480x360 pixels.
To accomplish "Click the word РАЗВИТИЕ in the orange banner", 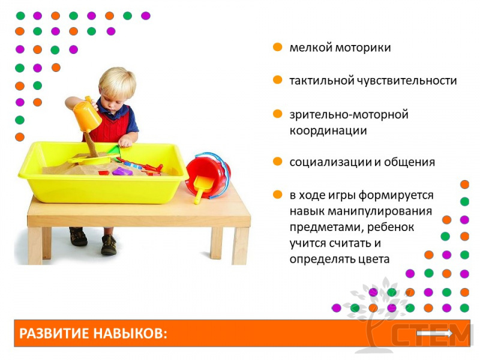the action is (53, 334).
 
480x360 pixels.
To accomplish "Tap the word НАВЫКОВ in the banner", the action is (128, 334).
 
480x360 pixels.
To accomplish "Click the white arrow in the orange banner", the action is (434, 334).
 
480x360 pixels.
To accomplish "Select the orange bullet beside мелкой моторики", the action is (277, 47).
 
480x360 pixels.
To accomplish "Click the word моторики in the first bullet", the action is (363, 48).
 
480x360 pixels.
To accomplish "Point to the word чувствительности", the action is (407, 81).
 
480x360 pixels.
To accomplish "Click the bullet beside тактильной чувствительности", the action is (277, 80).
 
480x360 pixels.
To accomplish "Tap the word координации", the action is (328, 131).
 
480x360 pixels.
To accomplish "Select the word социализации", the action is (331, 163).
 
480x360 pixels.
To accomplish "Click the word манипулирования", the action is (380, 212).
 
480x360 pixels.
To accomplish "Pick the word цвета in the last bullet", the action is (374, 260).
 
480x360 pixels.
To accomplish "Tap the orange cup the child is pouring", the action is (86, 115).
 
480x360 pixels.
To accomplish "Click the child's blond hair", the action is (117, 80).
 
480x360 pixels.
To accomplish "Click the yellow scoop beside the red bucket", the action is (202, 187).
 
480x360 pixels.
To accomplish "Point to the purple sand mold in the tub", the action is (122, 172).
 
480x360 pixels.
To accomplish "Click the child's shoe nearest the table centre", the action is (109, 244).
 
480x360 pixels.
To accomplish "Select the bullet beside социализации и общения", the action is (277, 161).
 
